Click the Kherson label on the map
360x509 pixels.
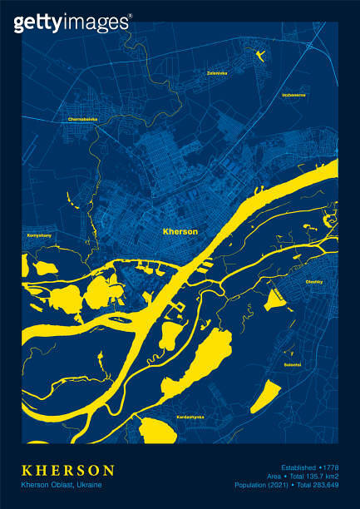(180, 231)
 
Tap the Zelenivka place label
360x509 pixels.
(218, 73)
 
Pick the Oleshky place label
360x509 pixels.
(314, 281)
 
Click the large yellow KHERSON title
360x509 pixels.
(68, 471)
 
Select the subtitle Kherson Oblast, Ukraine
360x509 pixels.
(61, 485)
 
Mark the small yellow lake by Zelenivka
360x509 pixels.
(262, 56)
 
